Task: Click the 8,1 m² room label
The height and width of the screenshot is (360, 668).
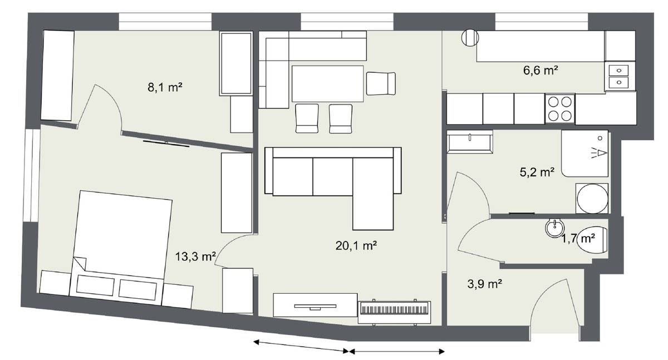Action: [165, 87]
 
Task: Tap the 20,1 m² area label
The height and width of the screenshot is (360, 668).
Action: [356, 245]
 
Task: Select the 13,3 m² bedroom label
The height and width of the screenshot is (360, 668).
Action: [195, 257]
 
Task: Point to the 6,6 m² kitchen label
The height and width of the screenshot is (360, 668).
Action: [541, 70]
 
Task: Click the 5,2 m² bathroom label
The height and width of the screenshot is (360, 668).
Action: [537, 172]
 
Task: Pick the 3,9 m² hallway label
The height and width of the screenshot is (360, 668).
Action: [485, 284]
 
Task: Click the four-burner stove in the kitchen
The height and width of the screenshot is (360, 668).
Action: [560, 109]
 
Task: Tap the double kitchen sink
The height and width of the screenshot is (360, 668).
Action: [619, 76]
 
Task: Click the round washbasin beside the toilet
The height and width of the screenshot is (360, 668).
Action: [554, 228]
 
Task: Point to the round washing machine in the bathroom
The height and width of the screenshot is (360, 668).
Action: [592, 198]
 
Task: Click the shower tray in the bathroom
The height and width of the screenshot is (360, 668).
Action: [585, 154]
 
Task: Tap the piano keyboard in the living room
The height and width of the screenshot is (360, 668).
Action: [394, 312]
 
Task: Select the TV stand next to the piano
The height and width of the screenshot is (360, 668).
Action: [315, 305]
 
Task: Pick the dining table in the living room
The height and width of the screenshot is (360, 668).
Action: [327, 84]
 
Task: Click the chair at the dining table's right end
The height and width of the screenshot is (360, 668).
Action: [381, 84]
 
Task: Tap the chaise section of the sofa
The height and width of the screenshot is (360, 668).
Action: [373, 194]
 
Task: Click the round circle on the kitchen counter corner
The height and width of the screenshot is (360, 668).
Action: [470, 38]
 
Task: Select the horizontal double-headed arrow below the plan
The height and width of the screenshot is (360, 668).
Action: [397, 352]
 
